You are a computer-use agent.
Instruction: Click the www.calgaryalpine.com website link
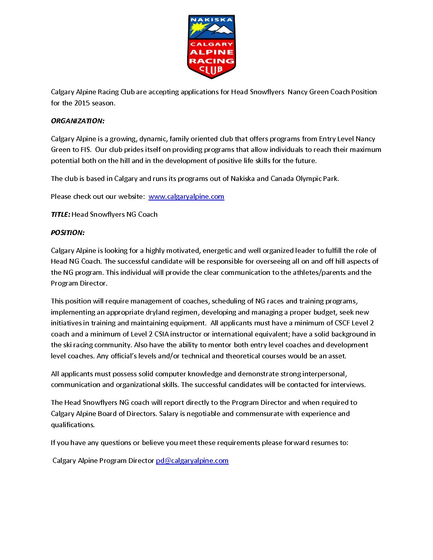click(186, 196)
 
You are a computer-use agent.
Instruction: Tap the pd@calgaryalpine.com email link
click(192, 461)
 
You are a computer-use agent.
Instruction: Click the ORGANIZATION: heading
click(78, 121)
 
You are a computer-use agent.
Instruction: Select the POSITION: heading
click(68, 233)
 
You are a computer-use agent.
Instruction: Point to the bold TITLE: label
click(60, 214)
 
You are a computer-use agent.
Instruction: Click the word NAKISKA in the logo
click(211, 19)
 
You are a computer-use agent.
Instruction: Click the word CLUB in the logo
click(211, 70)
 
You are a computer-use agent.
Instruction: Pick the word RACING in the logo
click(211, 61)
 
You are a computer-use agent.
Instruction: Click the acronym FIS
click(86, 150)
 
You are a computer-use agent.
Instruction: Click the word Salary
click(169, 414)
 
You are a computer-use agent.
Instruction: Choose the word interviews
click(348, 385)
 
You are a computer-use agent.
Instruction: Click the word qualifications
click(73, 425)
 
